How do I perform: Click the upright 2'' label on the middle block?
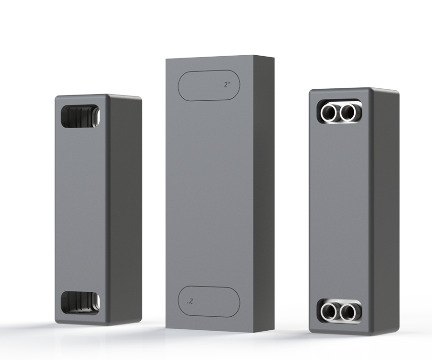pyautogui.click(x=228, y=84)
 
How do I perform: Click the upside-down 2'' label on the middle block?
pyautogui.click(x=190, y=301)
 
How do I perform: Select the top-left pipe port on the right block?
pyautogui.click(x=328, y=113)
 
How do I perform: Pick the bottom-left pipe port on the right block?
pyautogui.click(x=328, y=311)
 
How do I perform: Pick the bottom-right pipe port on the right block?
pyautogui.click(x=348, y=311)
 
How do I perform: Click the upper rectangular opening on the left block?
pyautogui.click(x=80, y=116)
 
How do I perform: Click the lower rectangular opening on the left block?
pyautogui.click(x=80, y=302)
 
